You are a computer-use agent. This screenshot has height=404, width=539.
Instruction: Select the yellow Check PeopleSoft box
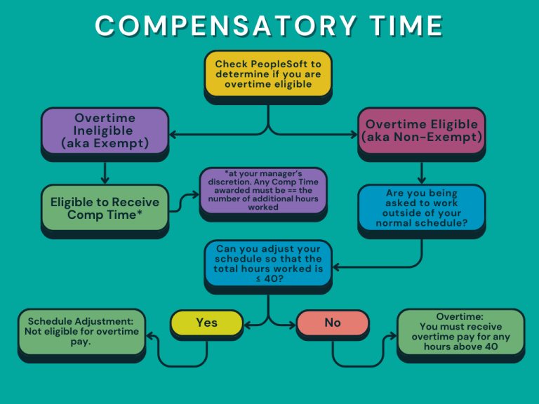(x=267, y=74)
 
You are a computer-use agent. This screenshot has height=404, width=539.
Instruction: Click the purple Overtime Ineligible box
(x=105, y=130)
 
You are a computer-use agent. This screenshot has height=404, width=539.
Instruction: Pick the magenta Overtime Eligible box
(x=421, y=130)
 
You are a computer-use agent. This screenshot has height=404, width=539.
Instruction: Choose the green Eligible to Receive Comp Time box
(x=105, y=208)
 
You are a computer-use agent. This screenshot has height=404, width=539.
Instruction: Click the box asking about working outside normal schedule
(x=421, y=208)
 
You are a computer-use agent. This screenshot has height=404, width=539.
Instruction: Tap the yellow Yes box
(x=206, y=323)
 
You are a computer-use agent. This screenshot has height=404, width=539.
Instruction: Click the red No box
(x=332, y=323)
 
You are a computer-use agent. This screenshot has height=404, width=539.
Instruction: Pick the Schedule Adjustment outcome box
(x=81, y=332)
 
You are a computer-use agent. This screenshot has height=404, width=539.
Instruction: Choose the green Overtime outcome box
(x=460, y=332)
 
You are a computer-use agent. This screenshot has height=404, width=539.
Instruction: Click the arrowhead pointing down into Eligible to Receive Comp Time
(x=105, y=180)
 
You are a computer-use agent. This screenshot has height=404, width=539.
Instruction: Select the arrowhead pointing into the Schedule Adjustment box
(x=149, y=337)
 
